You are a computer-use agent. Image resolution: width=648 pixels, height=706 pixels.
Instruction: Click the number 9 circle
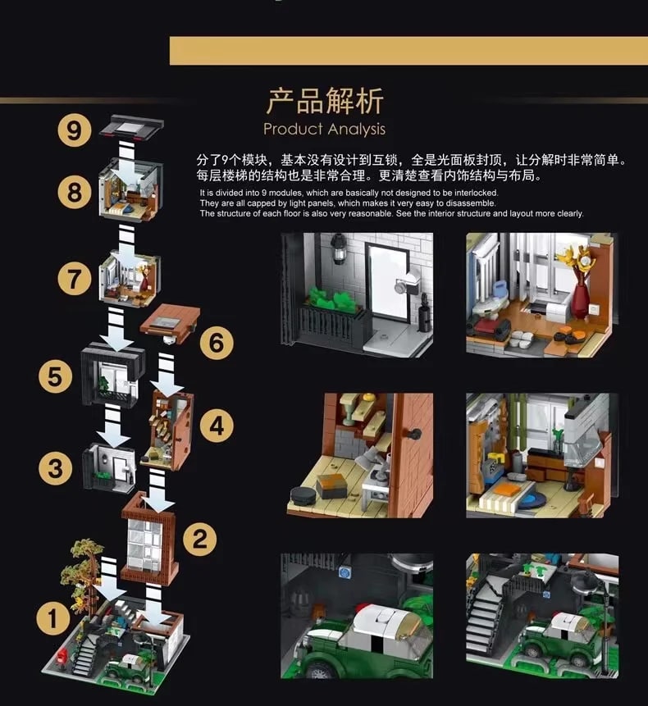(75, 131)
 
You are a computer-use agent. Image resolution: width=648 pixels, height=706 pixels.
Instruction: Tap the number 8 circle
(75, 192)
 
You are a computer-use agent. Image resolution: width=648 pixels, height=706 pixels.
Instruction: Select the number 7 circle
(75, 279)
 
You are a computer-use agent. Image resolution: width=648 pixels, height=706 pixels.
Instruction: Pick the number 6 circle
(216, 342)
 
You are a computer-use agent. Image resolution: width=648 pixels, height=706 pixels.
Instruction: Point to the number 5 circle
(55, 376)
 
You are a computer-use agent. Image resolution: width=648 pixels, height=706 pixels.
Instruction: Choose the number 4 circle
(217, 425)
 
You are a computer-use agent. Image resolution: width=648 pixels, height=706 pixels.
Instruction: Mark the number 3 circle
(55, 468)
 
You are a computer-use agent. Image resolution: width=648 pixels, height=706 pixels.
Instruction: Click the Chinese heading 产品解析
(325, 102)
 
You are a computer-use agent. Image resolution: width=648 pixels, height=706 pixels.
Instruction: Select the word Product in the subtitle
(292, 129)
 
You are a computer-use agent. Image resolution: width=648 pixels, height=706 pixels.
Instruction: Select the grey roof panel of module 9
(131, 128)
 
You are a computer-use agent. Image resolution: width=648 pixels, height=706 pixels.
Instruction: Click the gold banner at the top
(408, 50)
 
